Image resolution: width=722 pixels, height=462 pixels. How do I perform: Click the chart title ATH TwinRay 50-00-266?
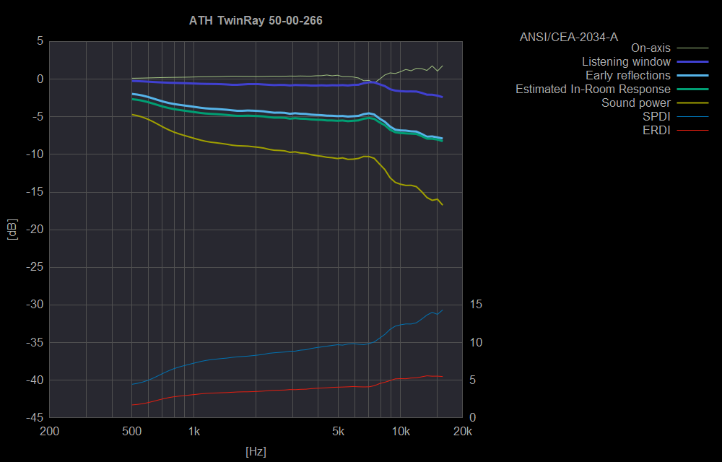pos(256,21)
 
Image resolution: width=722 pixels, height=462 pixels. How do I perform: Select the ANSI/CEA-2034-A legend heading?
pos(568,35)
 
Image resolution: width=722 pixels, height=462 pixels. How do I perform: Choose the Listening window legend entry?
pos(626,62)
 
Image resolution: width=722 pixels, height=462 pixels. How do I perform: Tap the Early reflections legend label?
pos(627,76)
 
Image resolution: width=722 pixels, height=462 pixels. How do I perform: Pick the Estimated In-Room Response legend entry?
pos(593,90)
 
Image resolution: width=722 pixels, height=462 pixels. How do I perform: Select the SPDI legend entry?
pos(656,117)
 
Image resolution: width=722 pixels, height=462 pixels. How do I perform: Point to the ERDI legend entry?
pos(656,131)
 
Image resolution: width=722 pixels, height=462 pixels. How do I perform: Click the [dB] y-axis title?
pos(12,230)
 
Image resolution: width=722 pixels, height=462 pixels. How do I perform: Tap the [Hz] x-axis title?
pos(256,452)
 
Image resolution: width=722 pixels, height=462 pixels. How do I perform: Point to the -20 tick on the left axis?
pos(32,230)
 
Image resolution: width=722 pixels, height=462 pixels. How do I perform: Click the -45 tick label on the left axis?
pos(32,418)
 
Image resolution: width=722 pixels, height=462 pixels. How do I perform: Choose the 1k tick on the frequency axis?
pos(193,432)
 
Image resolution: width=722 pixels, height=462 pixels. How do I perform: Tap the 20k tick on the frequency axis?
pos(462,432)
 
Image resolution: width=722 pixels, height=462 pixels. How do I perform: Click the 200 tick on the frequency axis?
pos(49,432)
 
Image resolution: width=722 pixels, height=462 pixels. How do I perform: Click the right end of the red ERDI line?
pos(442,377)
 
